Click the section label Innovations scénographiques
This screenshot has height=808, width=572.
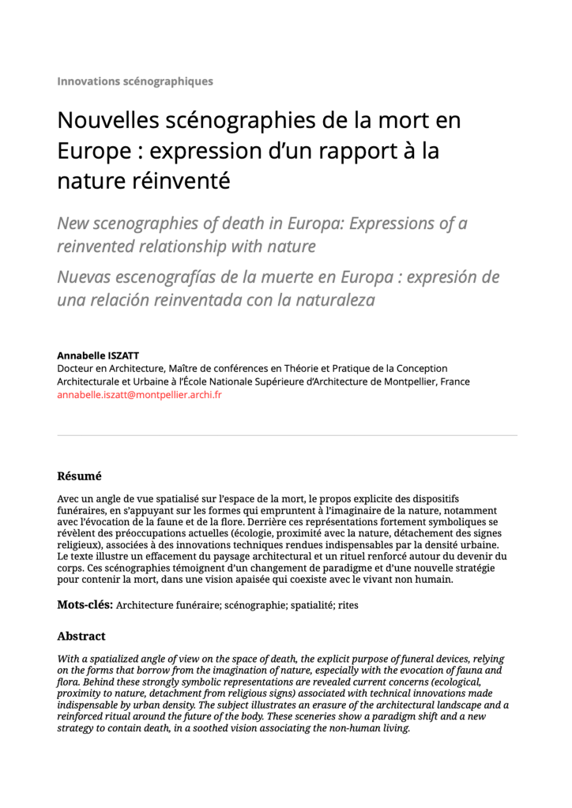(x=134, y=81)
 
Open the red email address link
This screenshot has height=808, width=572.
(x=139, y=394)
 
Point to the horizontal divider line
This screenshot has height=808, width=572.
(x=286, y=434)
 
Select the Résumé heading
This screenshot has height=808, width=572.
(x=79, y=476)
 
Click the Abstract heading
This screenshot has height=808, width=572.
(x=81, y=636)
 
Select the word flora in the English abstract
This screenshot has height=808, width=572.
(x=70, y=682)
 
